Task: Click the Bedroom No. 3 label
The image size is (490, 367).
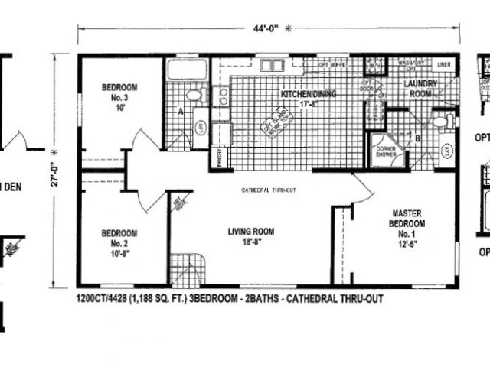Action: point(119,98)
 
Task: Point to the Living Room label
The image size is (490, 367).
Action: point(250,236)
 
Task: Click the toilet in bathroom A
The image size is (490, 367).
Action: point(194,96)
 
